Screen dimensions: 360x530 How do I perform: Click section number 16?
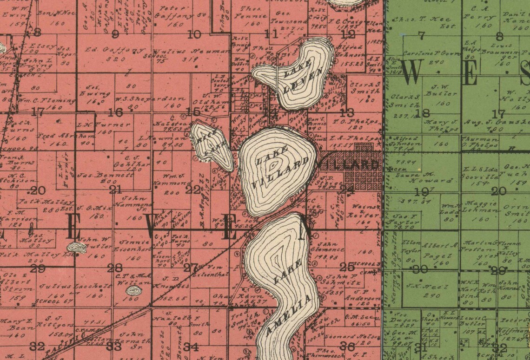click(x=115, y=112)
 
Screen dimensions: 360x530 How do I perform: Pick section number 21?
click(x=115, y=190)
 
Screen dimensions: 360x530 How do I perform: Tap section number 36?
click(x=347, y=346)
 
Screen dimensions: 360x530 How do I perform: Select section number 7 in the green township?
click(x=421, y=35)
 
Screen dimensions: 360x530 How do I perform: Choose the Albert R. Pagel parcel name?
click(x=440, y=250)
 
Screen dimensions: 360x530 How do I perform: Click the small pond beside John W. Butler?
click(x=77, y=248)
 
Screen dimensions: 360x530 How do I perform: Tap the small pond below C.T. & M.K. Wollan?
click(x=134, y=291)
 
